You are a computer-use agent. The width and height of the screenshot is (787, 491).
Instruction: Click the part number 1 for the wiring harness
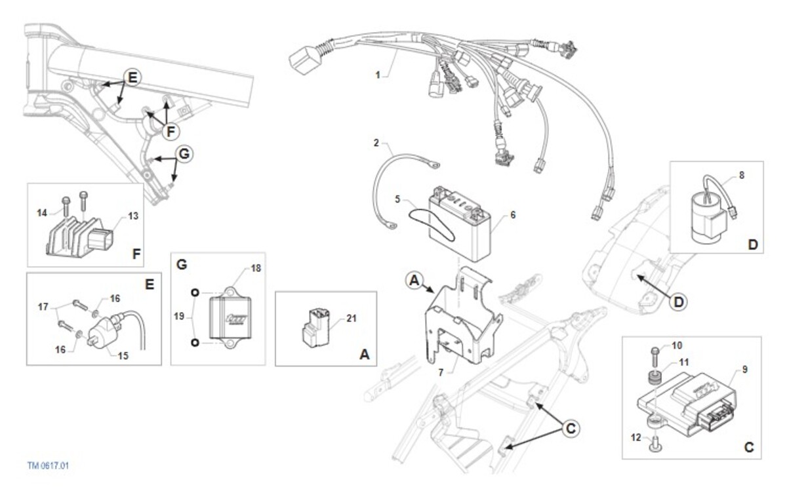[378, 75]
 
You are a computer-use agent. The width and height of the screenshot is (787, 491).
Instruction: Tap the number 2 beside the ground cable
[376, 143]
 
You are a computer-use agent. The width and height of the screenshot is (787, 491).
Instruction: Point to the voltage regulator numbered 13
[80, 235]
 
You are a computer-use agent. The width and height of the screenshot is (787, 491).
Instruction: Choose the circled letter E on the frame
[132, 77]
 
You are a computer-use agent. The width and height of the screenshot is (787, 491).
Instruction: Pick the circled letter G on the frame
[184, 154]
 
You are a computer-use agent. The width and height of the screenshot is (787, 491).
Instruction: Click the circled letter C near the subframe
[571, 429]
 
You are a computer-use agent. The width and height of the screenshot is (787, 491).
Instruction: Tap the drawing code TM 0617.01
[48, 465]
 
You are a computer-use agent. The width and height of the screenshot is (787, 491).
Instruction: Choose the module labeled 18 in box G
[230, 318]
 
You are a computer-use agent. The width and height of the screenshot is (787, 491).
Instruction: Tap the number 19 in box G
[179, 316]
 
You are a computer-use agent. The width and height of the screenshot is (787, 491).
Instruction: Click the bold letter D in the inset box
[753, 245]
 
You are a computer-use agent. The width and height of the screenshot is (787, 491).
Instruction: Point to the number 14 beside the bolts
[42, 213]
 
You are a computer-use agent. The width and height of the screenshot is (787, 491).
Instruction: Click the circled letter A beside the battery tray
[414, 281]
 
